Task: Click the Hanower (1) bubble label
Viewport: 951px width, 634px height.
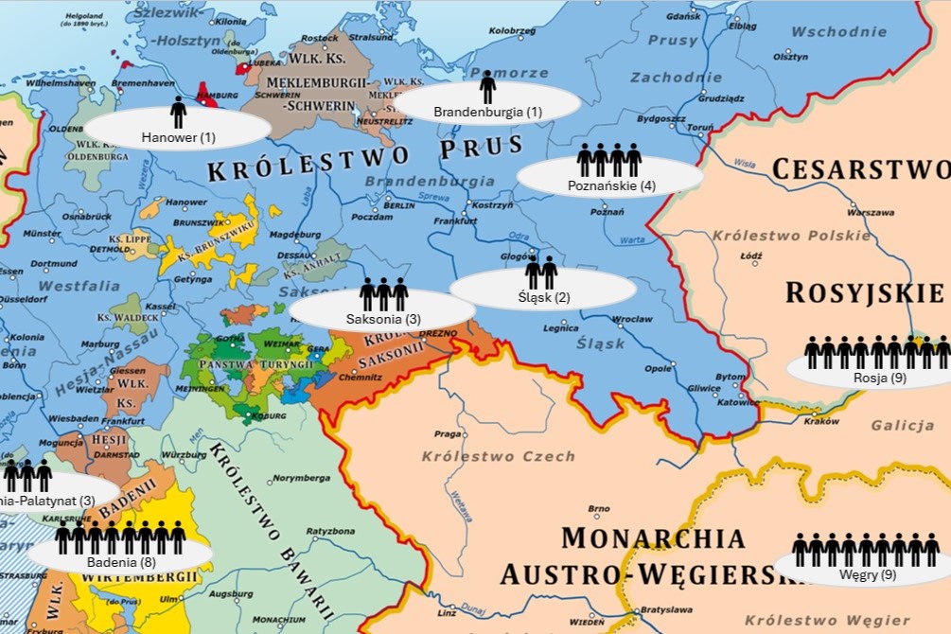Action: pos(179,137)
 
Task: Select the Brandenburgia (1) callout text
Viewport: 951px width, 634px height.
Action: pos(487,112)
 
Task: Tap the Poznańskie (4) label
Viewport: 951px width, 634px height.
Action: pos(611,185)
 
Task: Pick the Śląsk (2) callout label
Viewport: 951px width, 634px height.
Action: pos(543,297)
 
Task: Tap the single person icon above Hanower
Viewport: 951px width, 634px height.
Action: pos(178,112)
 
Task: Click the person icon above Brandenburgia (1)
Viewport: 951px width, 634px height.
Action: pos(487,87)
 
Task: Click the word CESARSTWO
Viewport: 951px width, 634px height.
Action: pos(861,169)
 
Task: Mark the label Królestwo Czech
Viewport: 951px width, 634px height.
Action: pos(498,456)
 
